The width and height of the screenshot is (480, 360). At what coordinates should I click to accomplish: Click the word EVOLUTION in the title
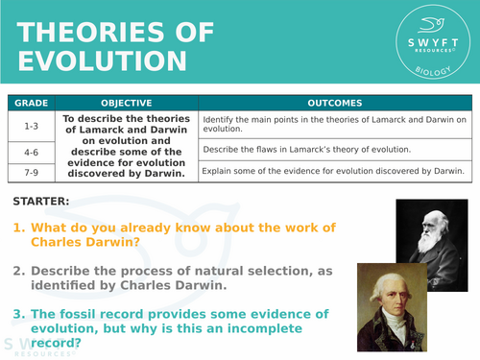pos(100,61)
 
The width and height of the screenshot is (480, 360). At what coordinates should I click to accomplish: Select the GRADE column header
pos(30,102)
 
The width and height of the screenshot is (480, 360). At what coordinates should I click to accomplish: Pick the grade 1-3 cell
pos(30,124)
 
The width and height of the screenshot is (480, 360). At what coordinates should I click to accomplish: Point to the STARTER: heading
pos(41,202)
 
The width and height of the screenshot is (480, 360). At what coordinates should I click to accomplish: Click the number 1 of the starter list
pos(18,228)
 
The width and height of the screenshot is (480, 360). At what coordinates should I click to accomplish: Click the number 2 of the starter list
pos(18,271)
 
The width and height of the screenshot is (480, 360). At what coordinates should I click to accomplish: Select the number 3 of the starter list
pos(18,314)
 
